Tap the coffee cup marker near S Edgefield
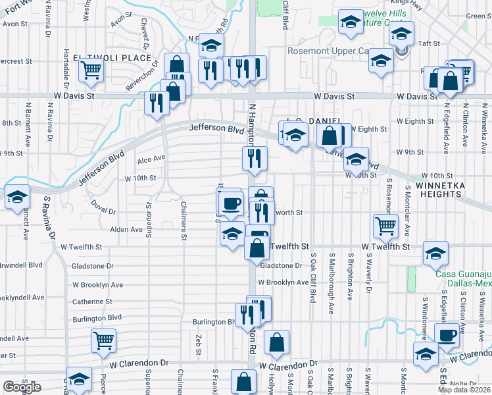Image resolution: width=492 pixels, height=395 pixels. [x=447, y=334]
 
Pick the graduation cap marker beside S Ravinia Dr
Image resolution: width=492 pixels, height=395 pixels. [x=16, y=197]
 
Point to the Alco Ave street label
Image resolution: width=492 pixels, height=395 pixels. [x=151, y=159]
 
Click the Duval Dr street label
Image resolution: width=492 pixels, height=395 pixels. [x=103, y=207]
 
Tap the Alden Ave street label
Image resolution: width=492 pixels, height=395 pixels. [x=126, y=230]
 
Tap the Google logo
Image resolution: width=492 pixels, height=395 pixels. [x=21, y=387]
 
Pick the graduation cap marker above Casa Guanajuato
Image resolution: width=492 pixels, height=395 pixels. [x=435, y=253]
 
